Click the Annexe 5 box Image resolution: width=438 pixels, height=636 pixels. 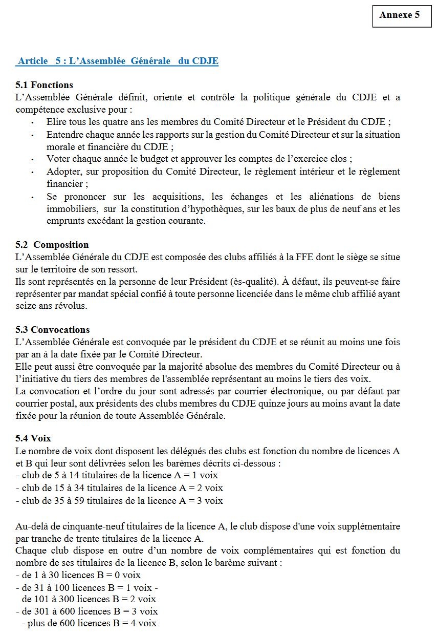[x=399, y=15]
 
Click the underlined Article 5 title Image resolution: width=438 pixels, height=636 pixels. [x=117, y=61]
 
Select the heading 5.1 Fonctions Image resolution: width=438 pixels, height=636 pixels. [x=45, y=85]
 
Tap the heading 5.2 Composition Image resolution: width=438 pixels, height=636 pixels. [x=52, y=245]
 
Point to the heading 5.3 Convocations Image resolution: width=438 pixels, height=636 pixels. [x=53, y=330]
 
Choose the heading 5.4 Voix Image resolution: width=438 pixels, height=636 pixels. [x=34, y=438]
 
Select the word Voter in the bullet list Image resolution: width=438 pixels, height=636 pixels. [x=58, y=159]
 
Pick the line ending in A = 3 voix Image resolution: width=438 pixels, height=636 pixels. [x=119, y=501]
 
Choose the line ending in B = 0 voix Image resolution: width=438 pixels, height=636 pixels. [x=78, y=575]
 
